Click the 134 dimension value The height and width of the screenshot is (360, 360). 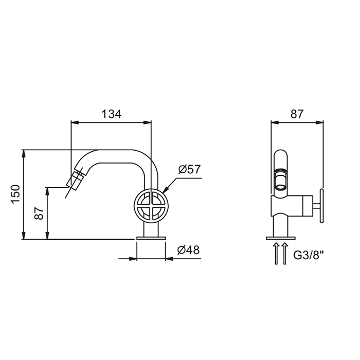pyautogui.click(x=111, y=114)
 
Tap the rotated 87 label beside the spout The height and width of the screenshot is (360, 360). pyautogui.click(x=39, y=213)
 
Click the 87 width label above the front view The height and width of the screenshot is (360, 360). pyautogui.click(x=297, y=114)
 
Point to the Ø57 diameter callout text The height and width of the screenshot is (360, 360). pyautogui.click(x=189, y=169)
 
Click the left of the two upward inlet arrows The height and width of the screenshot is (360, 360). pyautogui.click(x=277, y=253)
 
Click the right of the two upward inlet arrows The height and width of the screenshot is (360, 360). pyautogui.click(x=284, y=253)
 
